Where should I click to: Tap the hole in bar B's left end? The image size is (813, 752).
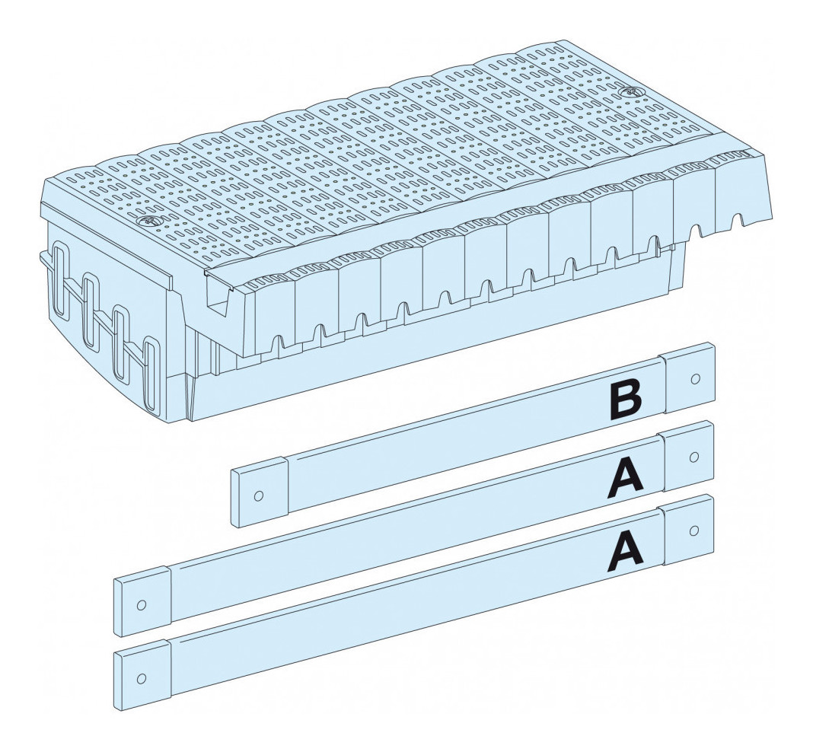[257, 495]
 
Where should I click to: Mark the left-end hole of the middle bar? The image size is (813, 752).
[141, 604]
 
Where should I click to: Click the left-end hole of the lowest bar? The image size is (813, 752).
[141, 678]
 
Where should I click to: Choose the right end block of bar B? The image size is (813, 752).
[689, 378]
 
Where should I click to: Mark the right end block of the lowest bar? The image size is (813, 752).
[689, 530]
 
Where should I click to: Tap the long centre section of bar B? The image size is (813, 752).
[473, 435]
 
